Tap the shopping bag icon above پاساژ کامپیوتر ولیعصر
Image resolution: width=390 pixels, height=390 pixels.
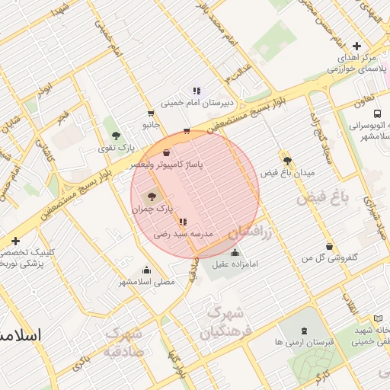(x=166, y=153)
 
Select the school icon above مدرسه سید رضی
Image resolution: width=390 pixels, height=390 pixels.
(x=181, y=222)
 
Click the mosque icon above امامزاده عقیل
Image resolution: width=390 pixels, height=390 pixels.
(x=234, y=253)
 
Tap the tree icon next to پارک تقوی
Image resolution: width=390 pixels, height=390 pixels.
(x=116, y=135)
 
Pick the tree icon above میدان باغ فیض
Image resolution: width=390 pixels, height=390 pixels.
(x=287, y=161)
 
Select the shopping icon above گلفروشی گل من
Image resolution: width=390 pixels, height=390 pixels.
(x=328, y=247)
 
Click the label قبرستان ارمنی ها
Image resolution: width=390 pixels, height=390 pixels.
(x=305, y=342)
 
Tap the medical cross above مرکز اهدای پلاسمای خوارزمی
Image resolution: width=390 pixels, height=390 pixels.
(x=356, y=46)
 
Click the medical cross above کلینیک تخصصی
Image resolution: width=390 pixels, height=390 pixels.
(x=16, y=241)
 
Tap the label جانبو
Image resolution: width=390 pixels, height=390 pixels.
(x=148, y=123)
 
